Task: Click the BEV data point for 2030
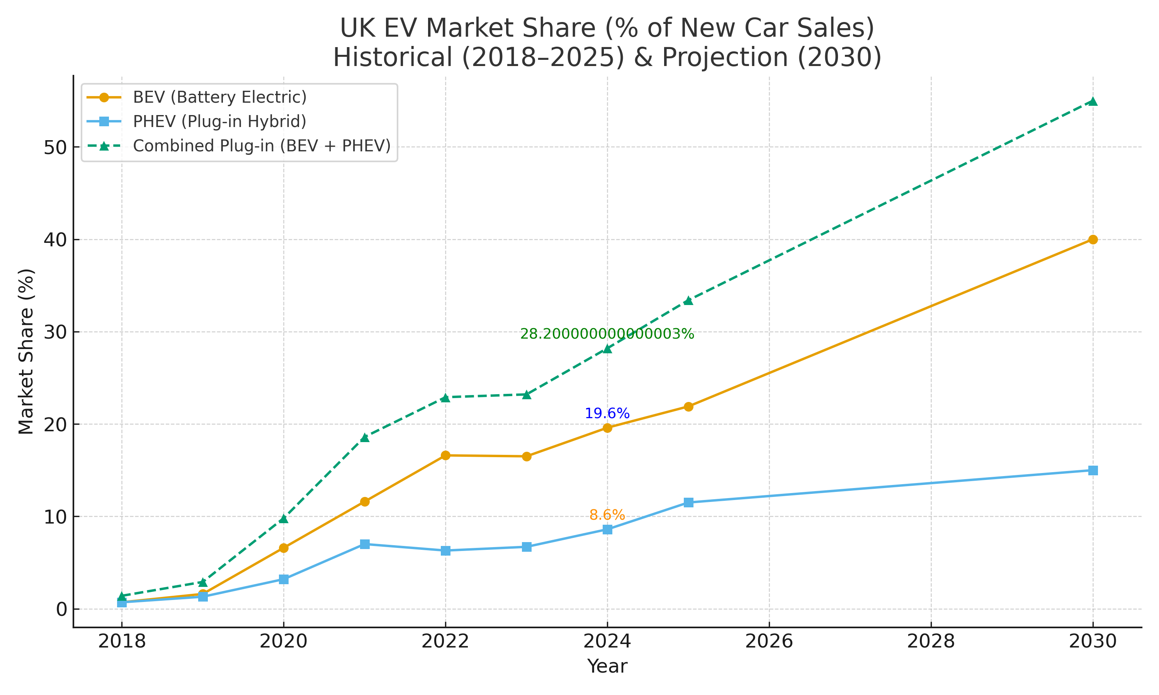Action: pos(1093,240)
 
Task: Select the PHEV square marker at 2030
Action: pos(1093,470)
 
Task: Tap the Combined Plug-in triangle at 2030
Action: pos(1093,102)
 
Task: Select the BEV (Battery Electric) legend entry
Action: pos(219,97)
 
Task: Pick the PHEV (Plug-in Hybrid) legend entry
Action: pos(219,122)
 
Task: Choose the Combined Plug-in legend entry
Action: pos(262,146)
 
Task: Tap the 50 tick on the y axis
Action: pos(55,147)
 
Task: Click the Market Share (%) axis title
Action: pos(26,351)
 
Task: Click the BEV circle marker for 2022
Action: pos(445,455)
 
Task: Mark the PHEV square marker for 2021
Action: pos(364,544)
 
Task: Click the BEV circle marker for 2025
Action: pos(688,407)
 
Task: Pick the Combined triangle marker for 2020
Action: pos(284,519)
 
